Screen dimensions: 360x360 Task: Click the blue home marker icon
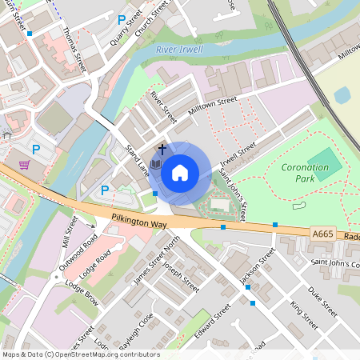click(180, 171)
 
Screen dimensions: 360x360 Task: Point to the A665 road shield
click(322, 233)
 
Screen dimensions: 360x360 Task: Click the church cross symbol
click(162, 149)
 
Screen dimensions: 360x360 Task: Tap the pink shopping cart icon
click(25, 165)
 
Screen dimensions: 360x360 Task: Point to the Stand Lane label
click(137, 158)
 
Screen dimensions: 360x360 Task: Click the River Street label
click(163, 107)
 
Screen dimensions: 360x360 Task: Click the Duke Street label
click(323, 302)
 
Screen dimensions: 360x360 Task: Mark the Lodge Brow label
click(82, 294)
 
